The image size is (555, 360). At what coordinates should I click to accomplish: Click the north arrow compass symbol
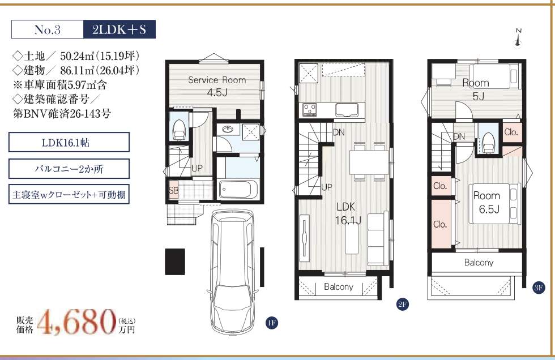tap(518, 38)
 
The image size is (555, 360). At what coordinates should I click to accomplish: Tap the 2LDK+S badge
tap(119, 29)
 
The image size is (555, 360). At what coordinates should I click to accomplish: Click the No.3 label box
tap(48, 29)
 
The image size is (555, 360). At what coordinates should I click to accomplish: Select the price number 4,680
tap(76, 322)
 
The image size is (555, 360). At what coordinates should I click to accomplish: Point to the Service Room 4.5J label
tap(217, 86)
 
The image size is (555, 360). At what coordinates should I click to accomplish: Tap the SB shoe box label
tap(173, 191)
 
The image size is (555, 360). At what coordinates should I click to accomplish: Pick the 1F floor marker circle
tap(271, 323)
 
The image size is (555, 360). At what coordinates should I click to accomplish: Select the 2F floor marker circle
tap(403, 304)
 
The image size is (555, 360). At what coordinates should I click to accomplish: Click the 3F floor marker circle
tap(539, 288)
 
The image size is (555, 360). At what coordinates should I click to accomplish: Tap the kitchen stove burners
tap(310, 109)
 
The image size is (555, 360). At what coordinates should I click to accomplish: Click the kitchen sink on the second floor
tap(347, 110)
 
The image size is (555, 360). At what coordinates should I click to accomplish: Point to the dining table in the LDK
tap(369, 162)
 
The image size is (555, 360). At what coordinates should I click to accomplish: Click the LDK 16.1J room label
tap(347, 214)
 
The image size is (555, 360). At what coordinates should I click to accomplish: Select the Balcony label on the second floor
tap(339, 286)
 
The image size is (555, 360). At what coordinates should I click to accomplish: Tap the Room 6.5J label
tap(488, 202)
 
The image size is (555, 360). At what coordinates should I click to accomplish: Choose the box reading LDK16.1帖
tap(69, 142)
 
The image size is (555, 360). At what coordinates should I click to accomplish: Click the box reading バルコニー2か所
tap(69, 169)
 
